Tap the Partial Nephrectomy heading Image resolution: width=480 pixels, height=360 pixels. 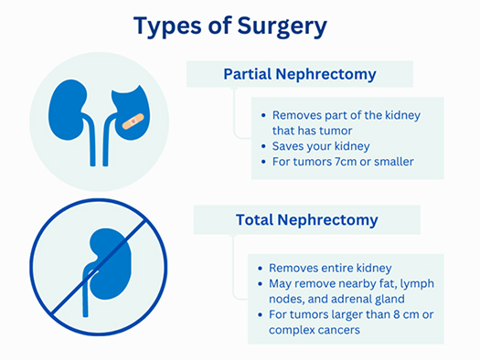[301, 74]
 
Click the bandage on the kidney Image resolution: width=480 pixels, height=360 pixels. [133, 120]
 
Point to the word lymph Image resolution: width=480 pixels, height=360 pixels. [415, 284]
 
